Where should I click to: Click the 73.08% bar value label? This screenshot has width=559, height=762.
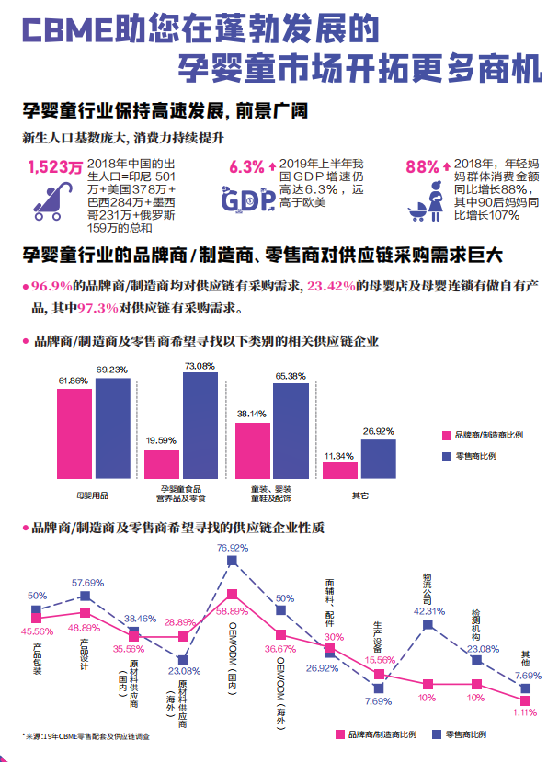(200, 366)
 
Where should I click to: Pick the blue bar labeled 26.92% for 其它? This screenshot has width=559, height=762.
(378, 459)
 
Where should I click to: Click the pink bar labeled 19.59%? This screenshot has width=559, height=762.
(162, 464)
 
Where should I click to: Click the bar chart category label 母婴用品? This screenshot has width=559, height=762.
(92, 495)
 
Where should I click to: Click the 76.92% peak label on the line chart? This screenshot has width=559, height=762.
(233, 548)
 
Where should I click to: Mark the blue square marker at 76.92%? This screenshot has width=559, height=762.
(233, 563)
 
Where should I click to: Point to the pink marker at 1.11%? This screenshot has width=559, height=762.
(525, 701)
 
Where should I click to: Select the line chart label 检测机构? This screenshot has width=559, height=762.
(476, 618)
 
